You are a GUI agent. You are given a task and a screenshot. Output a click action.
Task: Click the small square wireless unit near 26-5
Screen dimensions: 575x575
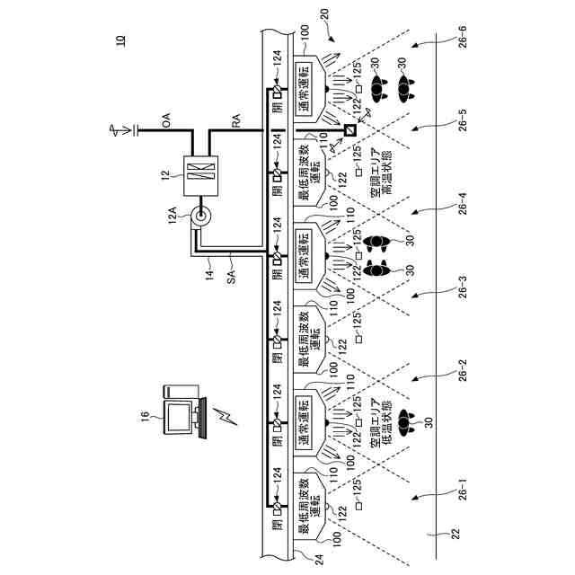pos(349,131)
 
